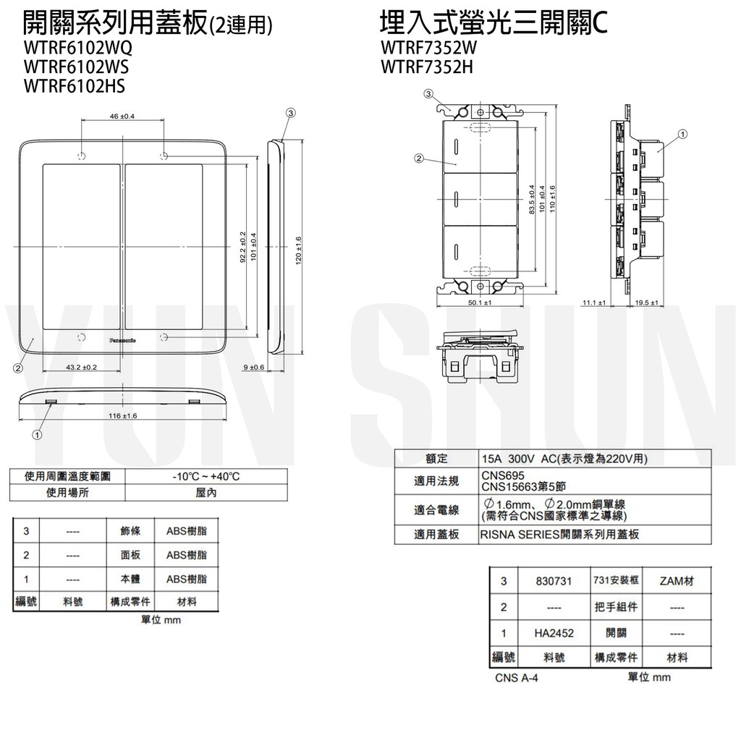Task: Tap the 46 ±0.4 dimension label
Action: tap(122, 117)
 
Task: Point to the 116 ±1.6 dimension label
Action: tap(122, 416)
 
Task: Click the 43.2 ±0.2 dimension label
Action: tap(81, 368)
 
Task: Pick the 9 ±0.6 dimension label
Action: tap(254, 368)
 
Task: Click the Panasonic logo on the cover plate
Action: tap(126, 338)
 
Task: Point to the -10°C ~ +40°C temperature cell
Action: tap(206, 476)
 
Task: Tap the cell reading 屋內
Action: tap(206, 493)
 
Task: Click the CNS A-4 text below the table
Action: tap(517, 678)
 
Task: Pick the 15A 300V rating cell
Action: tap(564, 459)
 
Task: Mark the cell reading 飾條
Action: tap(130, 531)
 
